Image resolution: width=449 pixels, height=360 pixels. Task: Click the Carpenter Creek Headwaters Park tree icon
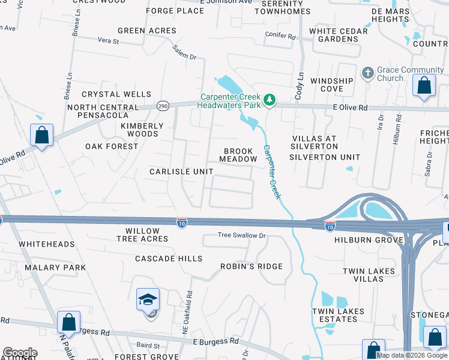pos(270,100)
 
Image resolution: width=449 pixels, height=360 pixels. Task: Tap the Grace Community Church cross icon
pos(367,73)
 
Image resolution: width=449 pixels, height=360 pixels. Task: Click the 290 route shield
pos(163,106)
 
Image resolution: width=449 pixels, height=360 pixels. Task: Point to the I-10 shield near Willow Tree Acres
pos(182,223)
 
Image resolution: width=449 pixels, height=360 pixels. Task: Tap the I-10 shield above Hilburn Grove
pos(330,226)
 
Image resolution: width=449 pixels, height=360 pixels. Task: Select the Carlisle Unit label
pos(181,172)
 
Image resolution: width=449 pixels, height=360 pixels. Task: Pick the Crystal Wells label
pos(116,94)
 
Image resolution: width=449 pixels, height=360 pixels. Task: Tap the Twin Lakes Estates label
pos(335,315)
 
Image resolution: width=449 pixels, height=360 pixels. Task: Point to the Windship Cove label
pos(332,85)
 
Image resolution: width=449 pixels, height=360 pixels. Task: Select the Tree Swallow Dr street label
pos(241,235)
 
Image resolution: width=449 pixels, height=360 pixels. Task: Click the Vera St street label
pos(109,42)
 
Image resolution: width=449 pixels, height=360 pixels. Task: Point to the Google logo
pos(20,353)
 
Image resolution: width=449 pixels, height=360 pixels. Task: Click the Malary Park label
pos(55,268)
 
